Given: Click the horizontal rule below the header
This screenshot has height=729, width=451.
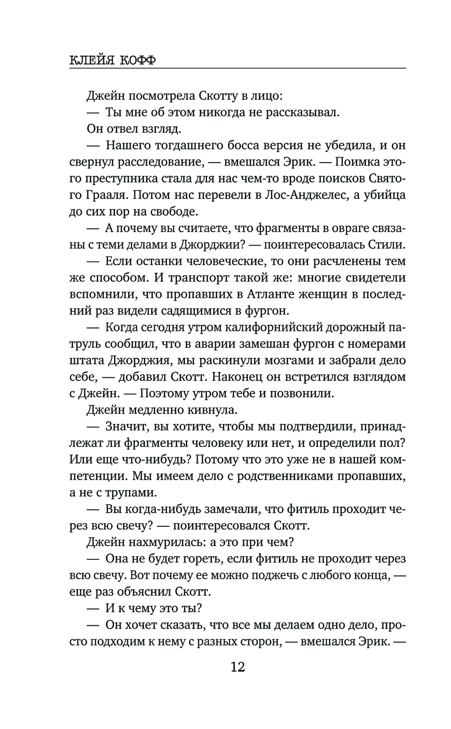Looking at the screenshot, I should click(238, 69).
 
